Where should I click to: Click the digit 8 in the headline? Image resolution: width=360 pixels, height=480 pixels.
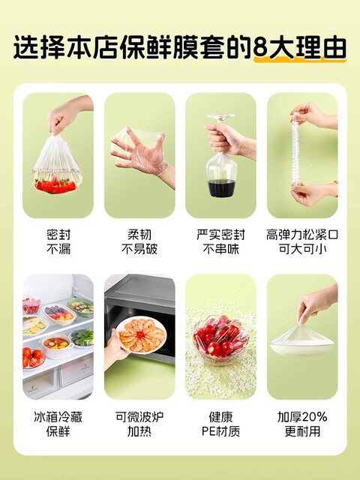[x=260, y=47]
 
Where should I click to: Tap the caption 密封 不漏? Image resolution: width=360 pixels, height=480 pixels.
[x=58, y=241]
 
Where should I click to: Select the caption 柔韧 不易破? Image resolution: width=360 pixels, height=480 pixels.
[x=139, y=241]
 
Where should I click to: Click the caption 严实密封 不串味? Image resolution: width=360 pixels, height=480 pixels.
[x=220, y=241]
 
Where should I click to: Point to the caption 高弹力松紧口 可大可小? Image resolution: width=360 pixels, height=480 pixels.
[x=302, y=241]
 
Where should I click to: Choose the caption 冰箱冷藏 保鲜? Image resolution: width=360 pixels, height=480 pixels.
[x=58, y=424]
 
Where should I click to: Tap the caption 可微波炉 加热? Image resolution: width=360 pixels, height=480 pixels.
[x=139, y=424]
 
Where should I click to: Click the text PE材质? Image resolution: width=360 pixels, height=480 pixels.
[x=220, y=431]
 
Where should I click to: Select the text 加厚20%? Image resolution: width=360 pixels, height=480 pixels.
[x=302, y=417]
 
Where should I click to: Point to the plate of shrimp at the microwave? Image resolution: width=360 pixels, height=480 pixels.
[x=141, y=334]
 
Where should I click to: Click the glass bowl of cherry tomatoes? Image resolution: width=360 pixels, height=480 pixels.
[x=220, y=340]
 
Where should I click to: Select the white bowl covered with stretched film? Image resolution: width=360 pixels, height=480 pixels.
[x=302, y=344]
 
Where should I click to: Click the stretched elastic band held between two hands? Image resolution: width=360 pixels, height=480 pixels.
[x=295, y=150]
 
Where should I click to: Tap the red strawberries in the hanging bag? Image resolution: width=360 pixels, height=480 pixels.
[x=55, y=185]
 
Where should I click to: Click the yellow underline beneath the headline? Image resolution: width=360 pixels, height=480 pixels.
[x=300, y=61]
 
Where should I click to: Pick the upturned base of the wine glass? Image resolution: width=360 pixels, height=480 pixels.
[x=220, y=117]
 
